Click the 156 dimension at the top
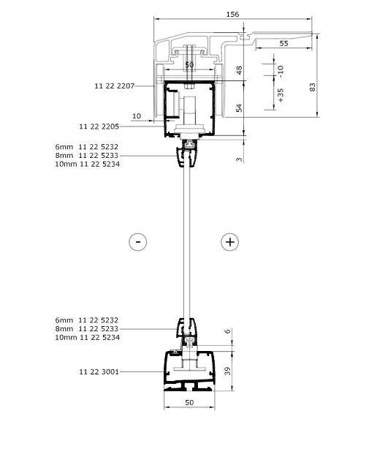pos(232,14)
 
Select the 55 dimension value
pos(283,43)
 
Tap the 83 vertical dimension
pos(312,87)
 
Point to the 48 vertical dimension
pos(239,70)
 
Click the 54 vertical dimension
pos(239,107)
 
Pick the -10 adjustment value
pos(280,72)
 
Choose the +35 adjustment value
pos(280,95)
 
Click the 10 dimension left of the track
pos(137,116)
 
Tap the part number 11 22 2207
pos(115,86)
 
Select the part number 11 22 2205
pos(99,126)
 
